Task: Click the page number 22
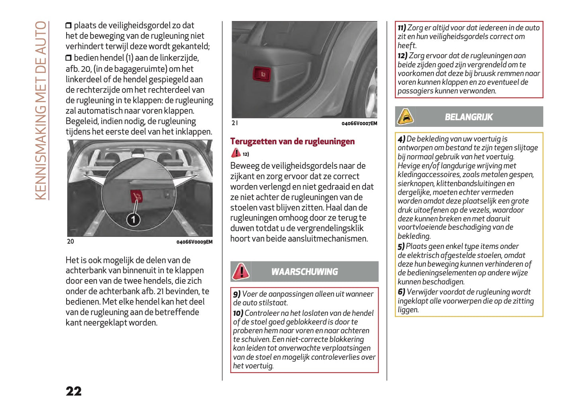74,391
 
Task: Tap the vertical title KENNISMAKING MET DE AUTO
41,110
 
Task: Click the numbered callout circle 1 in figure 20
133,219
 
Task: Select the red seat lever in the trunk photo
136,196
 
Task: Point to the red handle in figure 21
261,74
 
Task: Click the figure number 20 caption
71,241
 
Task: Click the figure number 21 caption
235,123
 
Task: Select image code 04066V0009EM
194,242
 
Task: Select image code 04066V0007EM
359,123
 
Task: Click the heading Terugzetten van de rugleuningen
292,141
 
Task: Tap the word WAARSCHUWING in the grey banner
305,272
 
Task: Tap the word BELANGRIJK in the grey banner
469,117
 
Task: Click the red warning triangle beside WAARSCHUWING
241,272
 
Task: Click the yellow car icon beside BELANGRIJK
405,117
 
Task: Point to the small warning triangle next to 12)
236,153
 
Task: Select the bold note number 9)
237,294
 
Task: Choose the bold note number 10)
238,313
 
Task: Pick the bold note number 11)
402,28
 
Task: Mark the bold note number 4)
401,139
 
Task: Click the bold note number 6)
401,292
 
